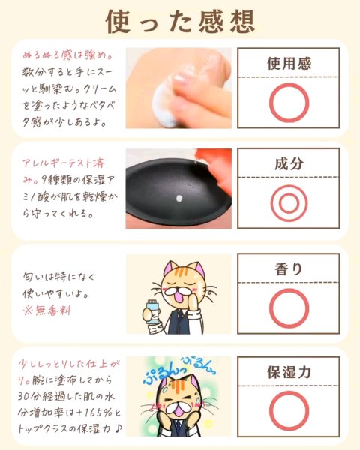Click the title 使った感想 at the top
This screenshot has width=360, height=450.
point(180,22)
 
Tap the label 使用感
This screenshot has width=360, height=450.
point(289,63)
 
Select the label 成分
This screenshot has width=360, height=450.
point(289,163)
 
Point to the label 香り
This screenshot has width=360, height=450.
point(289,269)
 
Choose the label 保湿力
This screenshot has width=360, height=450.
point(289,372)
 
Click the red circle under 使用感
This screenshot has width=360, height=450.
point(270,103)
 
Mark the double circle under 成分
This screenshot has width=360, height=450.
point(271,203)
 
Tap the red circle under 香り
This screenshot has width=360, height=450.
point(270,308)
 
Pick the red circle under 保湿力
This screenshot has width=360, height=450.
point(270,411)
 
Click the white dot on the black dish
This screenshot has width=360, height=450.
point(179,198)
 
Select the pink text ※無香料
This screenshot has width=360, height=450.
point(46,310)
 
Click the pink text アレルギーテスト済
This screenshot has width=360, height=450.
point(64,163)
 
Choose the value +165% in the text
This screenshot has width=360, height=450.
point(94,412)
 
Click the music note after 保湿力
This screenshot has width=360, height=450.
point(118,429)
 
